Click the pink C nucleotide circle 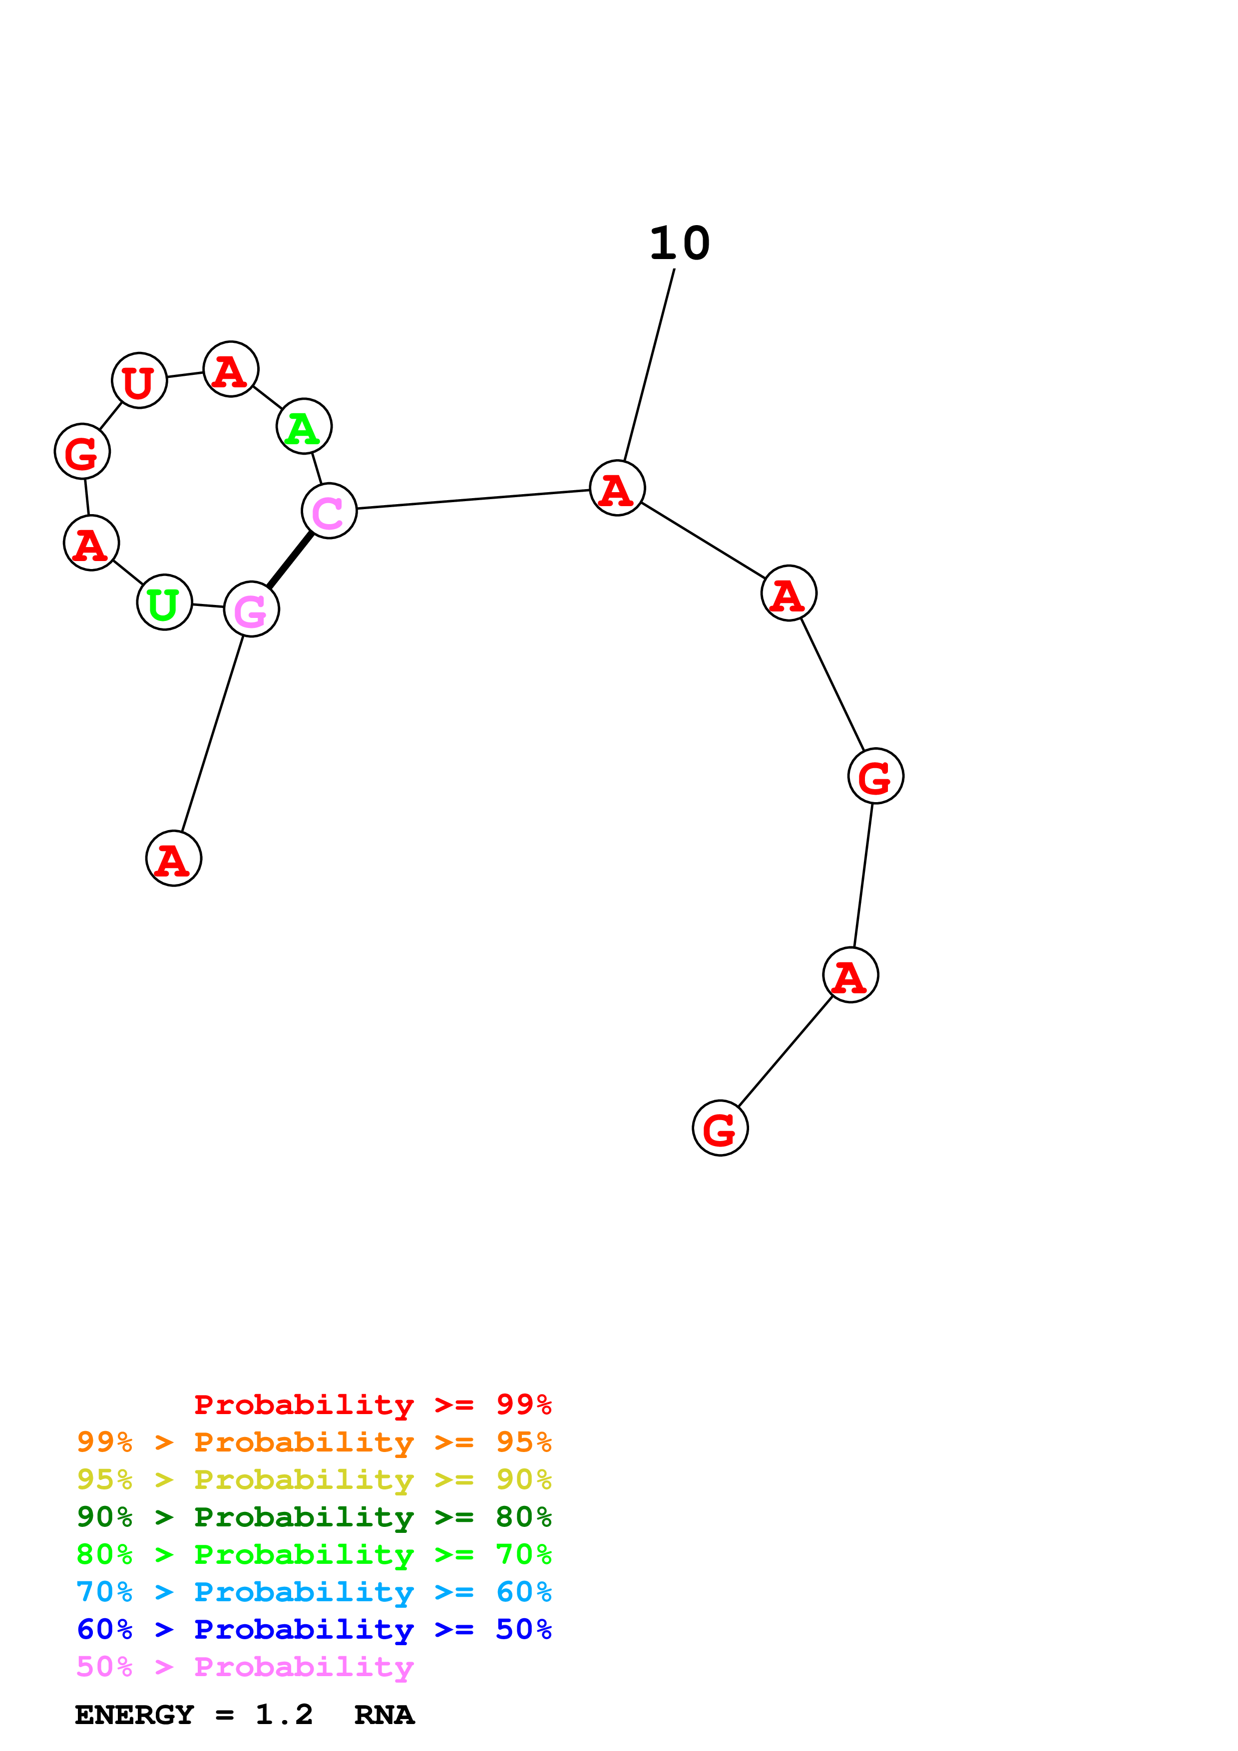click(x=329, y=511)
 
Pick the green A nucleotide click(x=304, y=426)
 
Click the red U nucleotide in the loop click(x=139, y=380)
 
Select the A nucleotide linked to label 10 click(x=617, y=488)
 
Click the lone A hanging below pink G click(x=174, y=859)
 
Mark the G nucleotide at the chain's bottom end click(x=719, y=1128)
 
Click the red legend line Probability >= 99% click(x=372, y=1404)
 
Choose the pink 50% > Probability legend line click(x=245, y=1666)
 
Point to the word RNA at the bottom click(x=384, y=1715)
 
